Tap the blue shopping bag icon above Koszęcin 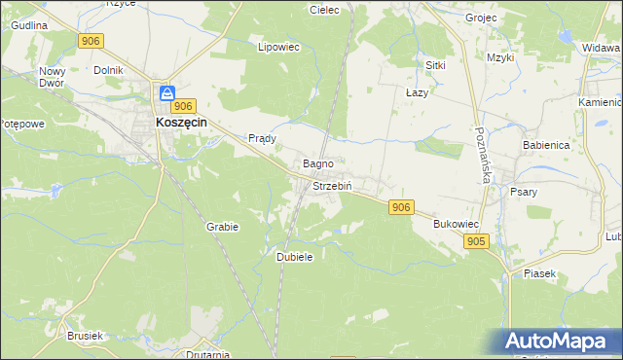pyautogui.click(x=167, y=94)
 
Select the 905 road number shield pyautogui.click(x=476, y=240)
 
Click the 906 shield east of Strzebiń pyautogui.click(x=401, y=207)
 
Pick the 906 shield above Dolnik pyautogui.click(x=91, y=40)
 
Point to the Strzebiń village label pyautogui.click(x=331, y=185)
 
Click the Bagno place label pyautogui.click(x=318, y=163)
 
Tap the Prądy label pyautogui.click(x=263, y=138)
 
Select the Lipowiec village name pyautogui.click(x=277, y=46)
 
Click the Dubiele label pyautogui.click(x=294, y=256)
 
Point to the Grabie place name pyautogui.click(x=222, y=226)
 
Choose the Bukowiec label pyautogui.click(x=455, y=223)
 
